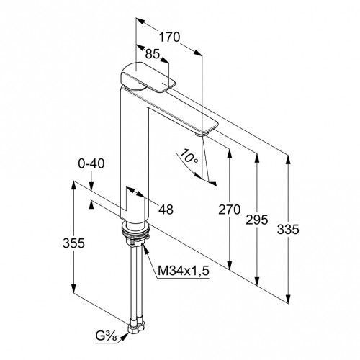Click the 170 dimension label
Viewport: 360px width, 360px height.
(x=169, y=37)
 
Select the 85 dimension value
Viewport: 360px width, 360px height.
(x=153, y=54)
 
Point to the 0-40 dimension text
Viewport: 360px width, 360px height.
(x=91, y=163)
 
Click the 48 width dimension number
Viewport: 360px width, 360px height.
(x=166, y=210)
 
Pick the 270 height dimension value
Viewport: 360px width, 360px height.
(x=229, y=210)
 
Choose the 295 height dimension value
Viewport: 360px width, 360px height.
(x=256, y=220)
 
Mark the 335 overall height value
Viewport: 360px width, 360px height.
(x=288, y=230)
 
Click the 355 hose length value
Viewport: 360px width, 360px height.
(x=73, y=243)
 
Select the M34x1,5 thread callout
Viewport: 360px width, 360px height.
(x=184, y=271)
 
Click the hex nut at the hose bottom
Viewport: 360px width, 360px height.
(x=137, y=328)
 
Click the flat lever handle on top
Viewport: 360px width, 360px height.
(x=148, y=77)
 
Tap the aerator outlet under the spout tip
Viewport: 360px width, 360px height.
(x=199, y=135)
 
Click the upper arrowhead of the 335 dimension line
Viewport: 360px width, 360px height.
(x=288, y=160)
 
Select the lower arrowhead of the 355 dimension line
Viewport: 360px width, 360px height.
(x=73, y=288)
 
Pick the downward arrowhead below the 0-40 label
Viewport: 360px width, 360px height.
(x=91, y=186)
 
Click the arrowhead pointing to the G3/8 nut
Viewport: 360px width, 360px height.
(x=124, y=336)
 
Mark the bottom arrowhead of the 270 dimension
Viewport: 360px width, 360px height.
(x=230, y=265)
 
